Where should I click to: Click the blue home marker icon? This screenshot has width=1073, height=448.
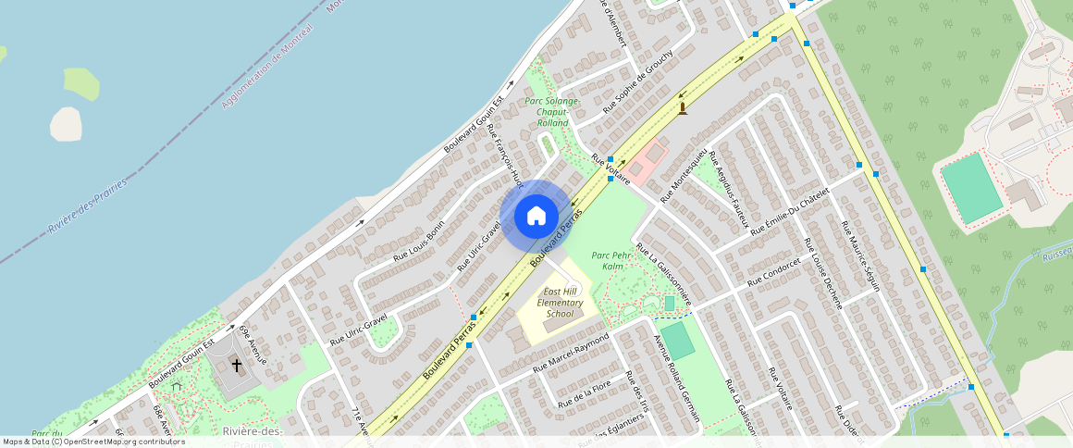536,217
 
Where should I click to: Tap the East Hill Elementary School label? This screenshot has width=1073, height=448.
561,303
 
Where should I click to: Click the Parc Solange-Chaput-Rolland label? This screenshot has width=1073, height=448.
552,111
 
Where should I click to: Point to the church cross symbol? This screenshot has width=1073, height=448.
237,365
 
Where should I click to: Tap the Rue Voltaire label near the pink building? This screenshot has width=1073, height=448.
610,168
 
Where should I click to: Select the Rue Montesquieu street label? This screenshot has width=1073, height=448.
684,175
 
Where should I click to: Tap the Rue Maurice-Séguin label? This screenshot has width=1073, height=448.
860,254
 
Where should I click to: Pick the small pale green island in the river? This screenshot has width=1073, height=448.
81,83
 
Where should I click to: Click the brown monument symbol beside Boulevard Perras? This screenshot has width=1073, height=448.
683,108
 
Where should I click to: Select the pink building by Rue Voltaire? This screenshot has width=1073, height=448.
648,156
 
